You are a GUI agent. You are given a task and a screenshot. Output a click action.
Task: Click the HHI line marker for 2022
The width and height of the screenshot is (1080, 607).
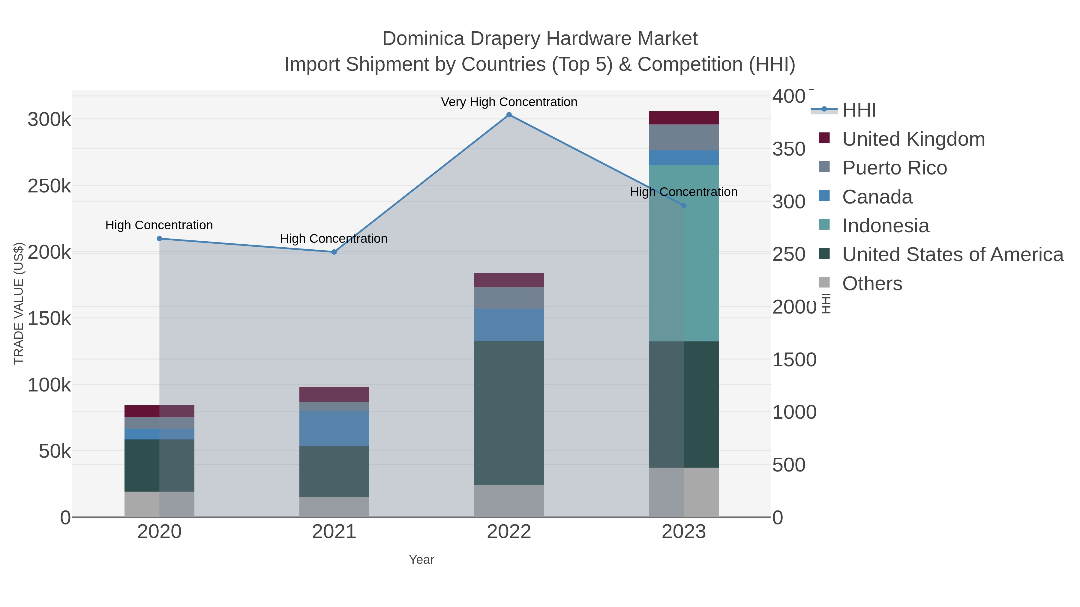point(509,115)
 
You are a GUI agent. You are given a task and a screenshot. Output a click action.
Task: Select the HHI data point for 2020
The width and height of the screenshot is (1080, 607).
point(159,239)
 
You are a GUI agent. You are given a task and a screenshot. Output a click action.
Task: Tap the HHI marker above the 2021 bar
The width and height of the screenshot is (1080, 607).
point(334,252)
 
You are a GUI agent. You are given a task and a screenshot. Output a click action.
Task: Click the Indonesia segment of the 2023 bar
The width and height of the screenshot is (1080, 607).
point(684,253)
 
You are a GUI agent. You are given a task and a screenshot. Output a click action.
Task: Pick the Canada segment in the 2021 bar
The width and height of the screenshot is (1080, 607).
point(334,428)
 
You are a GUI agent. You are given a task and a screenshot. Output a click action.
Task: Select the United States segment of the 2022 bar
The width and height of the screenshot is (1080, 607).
point(509,413)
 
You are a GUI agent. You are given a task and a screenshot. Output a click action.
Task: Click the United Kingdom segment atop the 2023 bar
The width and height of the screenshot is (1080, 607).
point(684,118)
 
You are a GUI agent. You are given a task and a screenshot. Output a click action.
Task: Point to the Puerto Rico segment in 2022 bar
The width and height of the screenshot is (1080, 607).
point(509,298)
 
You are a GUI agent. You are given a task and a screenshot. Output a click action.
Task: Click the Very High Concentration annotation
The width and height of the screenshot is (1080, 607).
point(509,102)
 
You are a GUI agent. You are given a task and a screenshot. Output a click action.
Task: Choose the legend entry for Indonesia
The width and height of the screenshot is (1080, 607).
point(886,226)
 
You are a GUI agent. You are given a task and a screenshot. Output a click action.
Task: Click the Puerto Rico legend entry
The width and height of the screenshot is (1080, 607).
point(894,168)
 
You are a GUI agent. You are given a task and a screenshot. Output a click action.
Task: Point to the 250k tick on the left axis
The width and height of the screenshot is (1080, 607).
point(49,186)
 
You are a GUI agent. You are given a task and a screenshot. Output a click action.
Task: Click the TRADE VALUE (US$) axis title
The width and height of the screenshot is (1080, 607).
point(19,303)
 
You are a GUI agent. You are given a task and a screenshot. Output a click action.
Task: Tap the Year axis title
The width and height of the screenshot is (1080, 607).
point(421,560)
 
